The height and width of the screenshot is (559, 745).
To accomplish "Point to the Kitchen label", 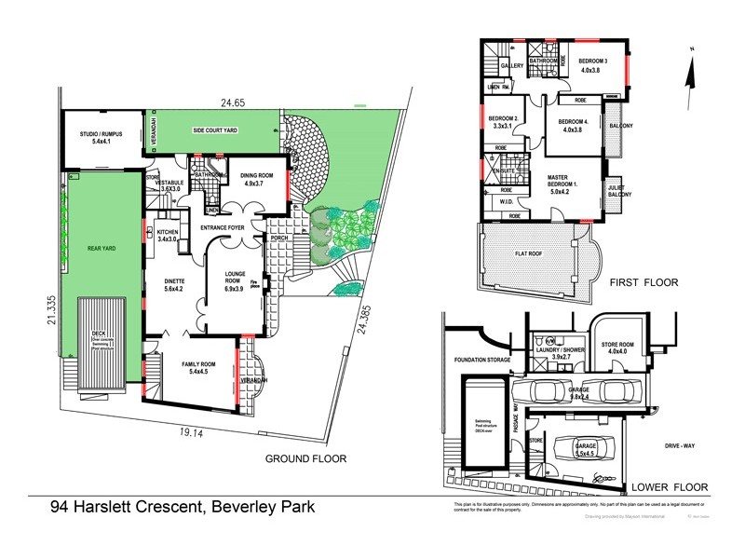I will pyautogui.click(x=168, y=232).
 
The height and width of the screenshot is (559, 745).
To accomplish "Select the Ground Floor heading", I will pyautogui.click(x=305, y=458).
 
